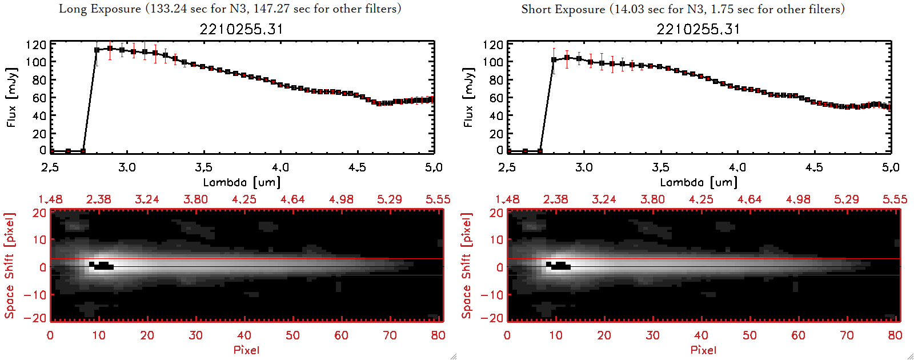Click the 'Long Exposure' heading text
[x=100, y=9]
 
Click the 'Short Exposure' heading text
[x=563, y=9]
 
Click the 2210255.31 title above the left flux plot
[x=241, y=29]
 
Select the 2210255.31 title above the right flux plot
[x=698, y=29]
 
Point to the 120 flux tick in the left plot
[x=36, y=45]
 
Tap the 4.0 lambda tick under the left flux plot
[x=280, y=167]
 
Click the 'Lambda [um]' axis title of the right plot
[x=699, y=182]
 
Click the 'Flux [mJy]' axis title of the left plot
[x=12, y=97]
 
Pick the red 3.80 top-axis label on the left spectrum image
[x=195, y=199]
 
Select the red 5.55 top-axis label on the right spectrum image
[x=895, y=199]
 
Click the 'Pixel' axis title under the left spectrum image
[x=246, y=350]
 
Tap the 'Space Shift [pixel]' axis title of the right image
[x=467, y=265]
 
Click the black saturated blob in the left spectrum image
[x=102, y=265]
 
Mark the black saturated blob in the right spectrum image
[x=559, y=265]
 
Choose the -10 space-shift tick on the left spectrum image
[x=35, y=294]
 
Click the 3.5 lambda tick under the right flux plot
[x=660, y=167]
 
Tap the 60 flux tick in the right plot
[x=495, y=98]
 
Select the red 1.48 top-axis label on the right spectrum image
[x=507, y=199]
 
